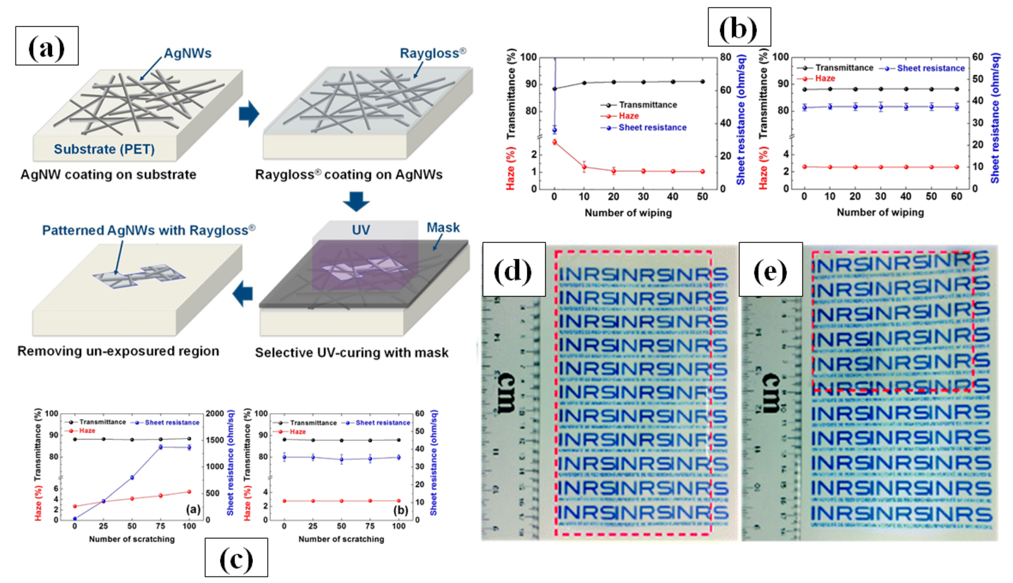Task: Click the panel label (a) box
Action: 47,46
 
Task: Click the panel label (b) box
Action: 739,27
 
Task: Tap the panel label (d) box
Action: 513,269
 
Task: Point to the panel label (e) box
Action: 770,269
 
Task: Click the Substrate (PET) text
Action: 104,149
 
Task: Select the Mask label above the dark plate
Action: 443,227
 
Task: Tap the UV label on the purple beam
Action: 360,230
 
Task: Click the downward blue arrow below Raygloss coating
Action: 356,201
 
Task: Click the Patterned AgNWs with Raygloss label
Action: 148,230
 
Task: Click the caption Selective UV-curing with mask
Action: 351,353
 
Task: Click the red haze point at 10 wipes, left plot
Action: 584,167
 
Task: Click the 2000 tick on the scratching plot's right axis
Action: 215,414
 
